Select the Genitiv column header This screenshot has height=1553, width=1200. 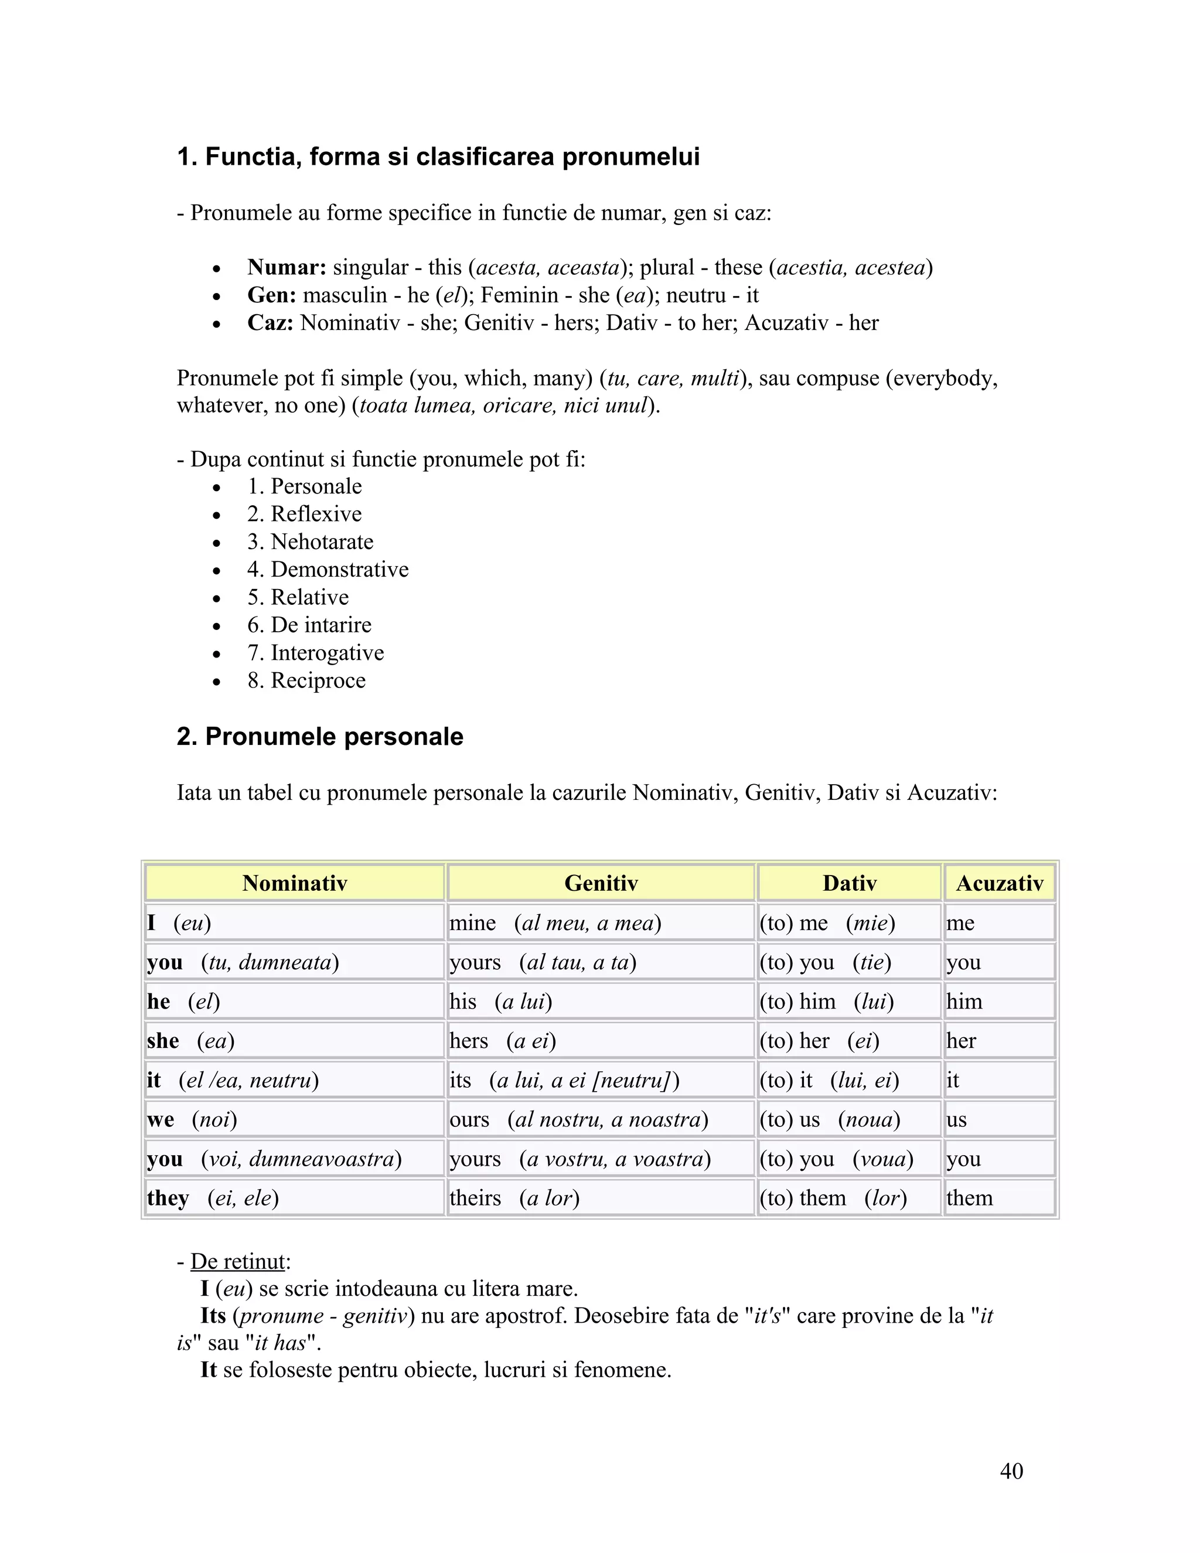coord(601,883)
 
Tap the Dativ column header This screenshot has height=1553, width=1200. coord(850,883)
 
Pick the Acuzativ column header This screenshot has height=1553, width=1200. coord(999,883)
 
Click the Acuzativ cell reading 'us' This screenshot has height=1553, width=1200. coord(999,1119)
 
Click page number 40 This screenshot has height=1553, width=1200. coord(1011,1470)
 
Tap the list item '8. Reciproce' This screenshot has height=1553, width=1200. coord(306,680)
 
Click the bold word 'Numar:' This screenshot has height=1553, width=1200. coord(287,267)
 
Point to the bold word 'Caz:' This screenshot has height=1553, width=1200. coord(270,323)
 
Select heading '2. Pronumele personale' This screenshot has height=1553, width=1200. coord(320,737)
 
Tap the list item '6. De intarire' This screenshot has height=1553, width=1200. coord(309,625)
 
